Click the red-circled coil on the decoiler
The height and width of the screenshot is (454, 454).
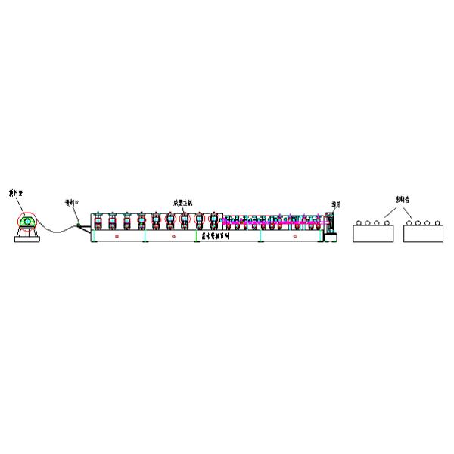click(x=27, y=222)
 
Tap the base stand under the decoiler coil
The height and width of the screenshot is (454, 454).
click(x=27, y=235)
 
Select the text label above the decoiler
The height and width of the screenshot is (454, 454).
click(x=16, y=194)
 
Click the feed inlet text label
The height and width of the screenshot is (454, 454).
click(x=71, y=203)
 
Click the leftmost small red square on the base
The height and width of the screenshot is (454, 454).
click(x=117, y=237)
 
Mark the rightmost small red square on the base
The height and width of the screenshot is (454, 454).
click(x=293, y=237)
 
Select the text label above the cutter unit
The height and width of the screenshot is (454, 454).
click(x=335, y=204)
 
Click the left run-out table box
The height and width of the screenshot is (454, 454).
click(x=374, y=233)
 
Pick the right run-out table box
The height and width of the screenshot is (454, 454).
click(x=424, y=233)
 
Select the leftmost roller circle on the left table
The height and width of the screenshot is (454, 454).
click(x=359, y=224)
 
